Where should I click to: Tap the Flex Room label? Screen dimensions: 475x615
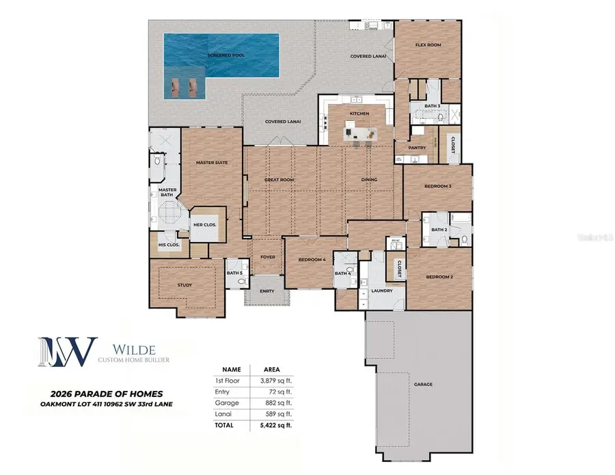(428, 45)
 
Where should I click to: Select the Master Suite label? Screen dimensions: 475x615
(211, 162)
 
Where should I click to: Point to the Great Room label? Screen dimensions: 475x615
(279, 180)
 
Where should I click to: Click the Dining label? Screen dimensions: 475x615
(370, 180)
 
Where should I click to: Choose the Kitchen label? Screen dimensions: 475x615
(359, 113)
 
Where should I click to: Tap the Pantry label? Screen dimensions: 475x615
(417, 148)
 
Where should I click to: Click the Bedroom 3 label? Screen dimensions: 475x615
(438, 186)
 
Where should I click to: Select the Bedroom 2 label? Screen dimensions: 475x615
(439, 277)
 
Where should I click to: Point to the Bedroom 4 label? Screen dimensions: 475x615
(312, 260)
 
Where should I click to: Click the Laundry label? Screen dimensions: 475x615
(381, 290)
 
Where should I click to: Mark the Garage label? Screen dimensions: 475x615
(423, 384)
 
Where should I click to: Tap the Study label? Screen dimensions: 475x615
(184, 285)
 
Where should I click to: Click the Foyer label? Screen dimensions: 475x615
(267, 258)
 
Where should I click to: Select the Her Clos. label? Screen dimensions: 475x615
(206, 225)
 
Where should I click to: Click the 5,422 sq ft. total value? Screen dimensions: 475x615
(276, 424)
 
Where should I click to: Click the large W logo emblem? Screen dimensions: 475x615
(67, 350)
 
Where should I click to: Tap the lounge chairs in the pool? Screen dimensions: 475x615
(185, 86)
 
